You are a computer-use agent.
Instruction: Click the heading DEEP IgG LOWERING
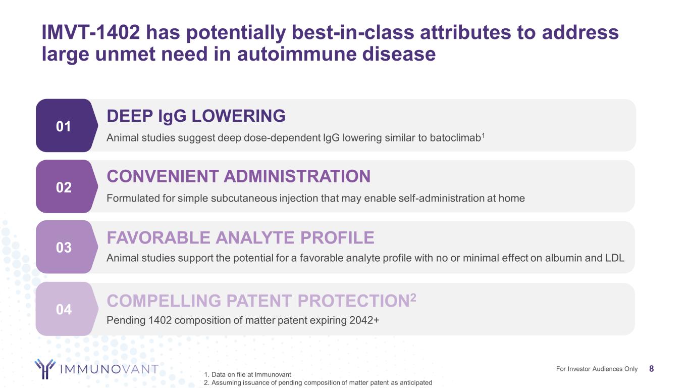pos(196,116)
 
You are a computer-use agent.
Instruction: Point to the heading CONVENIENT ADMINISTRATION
pos(239,176)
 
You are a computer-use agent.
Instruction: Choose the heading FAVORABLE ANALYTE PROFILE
pos(241,237)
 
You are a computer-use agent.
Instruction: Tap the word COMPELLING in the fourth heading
pos(164,301)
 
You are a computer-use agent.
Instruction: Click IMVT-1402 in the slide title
pos(91,32)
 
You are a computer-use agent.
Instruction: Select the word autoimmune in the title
pos(296,54)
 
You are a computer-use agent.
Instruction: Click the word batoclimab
pos(455,137)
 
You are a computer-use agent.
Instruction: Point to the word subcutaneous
pos(244,199)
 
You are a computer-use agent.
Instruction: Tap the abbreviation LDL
pos(615,258)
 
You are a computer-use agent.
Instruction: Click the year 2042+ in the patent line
pos(364,320)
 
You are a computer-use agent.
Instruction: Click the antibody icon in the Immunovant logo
pos(45,368)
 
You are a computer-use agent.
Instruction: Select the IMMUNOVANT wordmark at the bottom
pos(109,369)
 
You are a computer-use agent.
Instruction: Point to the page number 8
pos(651,369)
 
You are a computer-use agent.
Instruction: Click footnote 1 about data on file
pos(247,374)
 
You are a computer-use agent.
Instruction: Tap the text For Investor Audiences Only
pos(597,369)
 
